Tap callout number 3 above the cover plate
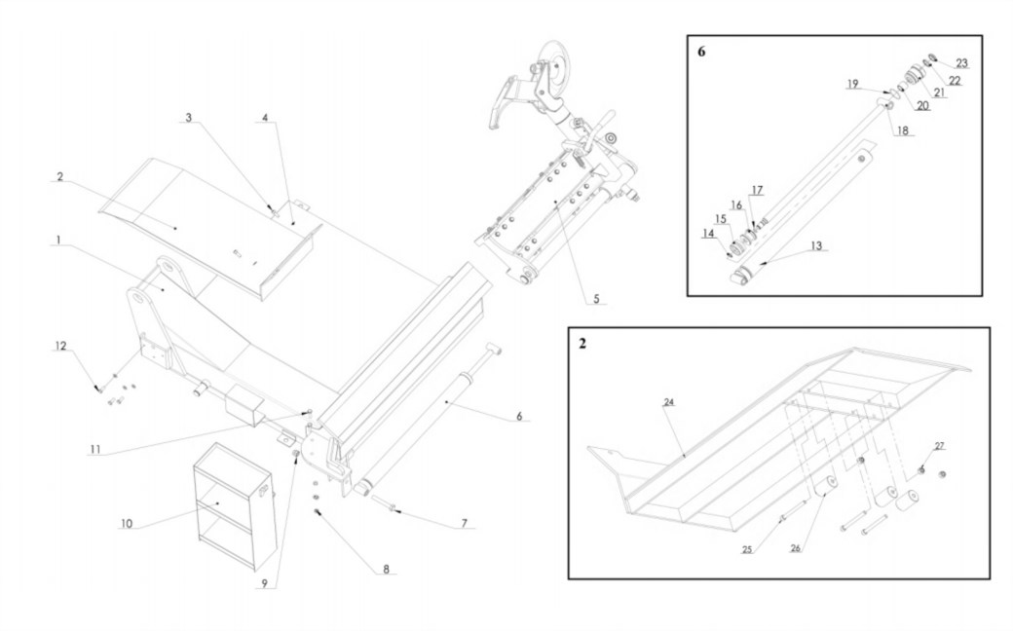pyautogui.click(x=190, y=118)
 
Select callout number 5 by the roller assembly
pyautogui.click(x=597, y=298)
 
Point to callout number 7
pyautogui.click(x=465, y=523)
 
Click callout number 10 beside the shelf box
pyautogui.click(x=126, y=523)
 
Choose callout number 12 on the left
pyautogui.click(x=59, y=347)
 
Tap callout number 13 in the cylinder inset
pyautogui.click(x=816, y=245)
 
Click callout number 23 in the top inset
pyautogui.click(x=962, y=62)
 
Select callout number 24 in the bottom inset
pyautogui.click(x=669, y=401)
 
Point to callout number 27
pyautogui.click(x=939, y=445)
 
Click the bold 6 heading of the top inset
pyautogui.click(x=701, y=52)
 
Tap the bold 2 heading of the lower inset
pyautogui.click(x=582, y=345)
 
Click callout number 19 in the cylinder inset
pyautogui.click(x=852, y=85)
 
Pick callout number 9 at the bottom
pyautogui.click(x=262, y=584)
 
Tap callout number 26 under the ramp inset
pyautogui.click(x=795, y=549)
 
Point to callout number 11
pyautogui.click(x=94, y=450)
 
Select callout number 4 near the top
pyautogui.click(x=264, y=118)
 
